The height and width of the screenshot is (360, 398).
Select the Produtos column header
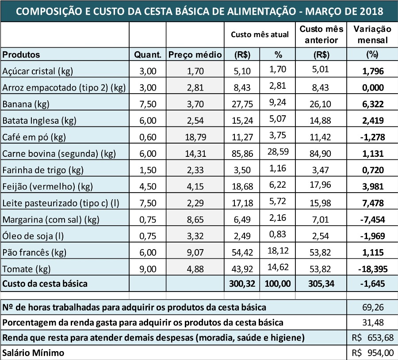(x=21, y=55)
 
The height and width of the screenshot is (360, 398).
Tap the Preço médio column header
(x=195, y=55)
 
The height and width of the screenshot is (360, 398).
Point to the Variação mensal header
(x=372, y=34)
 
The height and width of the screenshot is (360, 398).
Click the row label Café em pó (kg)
(x=34, y=137)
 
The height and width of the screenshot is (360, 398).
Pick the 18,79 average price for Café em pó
(x=195, y=137)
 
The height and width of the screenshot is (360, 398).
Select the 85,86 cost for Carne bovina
(x=242, y=154)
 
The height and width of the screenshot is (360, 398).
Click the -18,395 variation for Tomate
(x=372, y=269)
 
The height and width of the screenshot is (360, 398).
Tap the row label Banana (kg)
(x=26, y=104)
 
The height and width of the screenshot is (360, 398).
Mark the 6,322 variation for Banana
(x=372, y=104)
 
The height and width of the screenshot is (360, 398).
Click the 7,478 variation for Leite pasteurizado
(x=372, y=203)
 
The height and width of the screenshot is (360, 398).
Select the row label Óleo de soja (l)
(x=33, y=236)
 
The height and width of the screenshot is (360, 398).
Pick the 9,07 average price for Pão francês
(x=195, y=253)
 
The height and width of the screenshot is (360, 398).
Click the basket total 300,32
(x=242, y=284)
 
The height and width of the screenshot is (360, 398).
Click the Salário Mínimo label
(x=33, y=353)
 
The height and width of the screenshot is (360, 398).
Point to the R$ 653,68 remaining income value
(x=372, y=338)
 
